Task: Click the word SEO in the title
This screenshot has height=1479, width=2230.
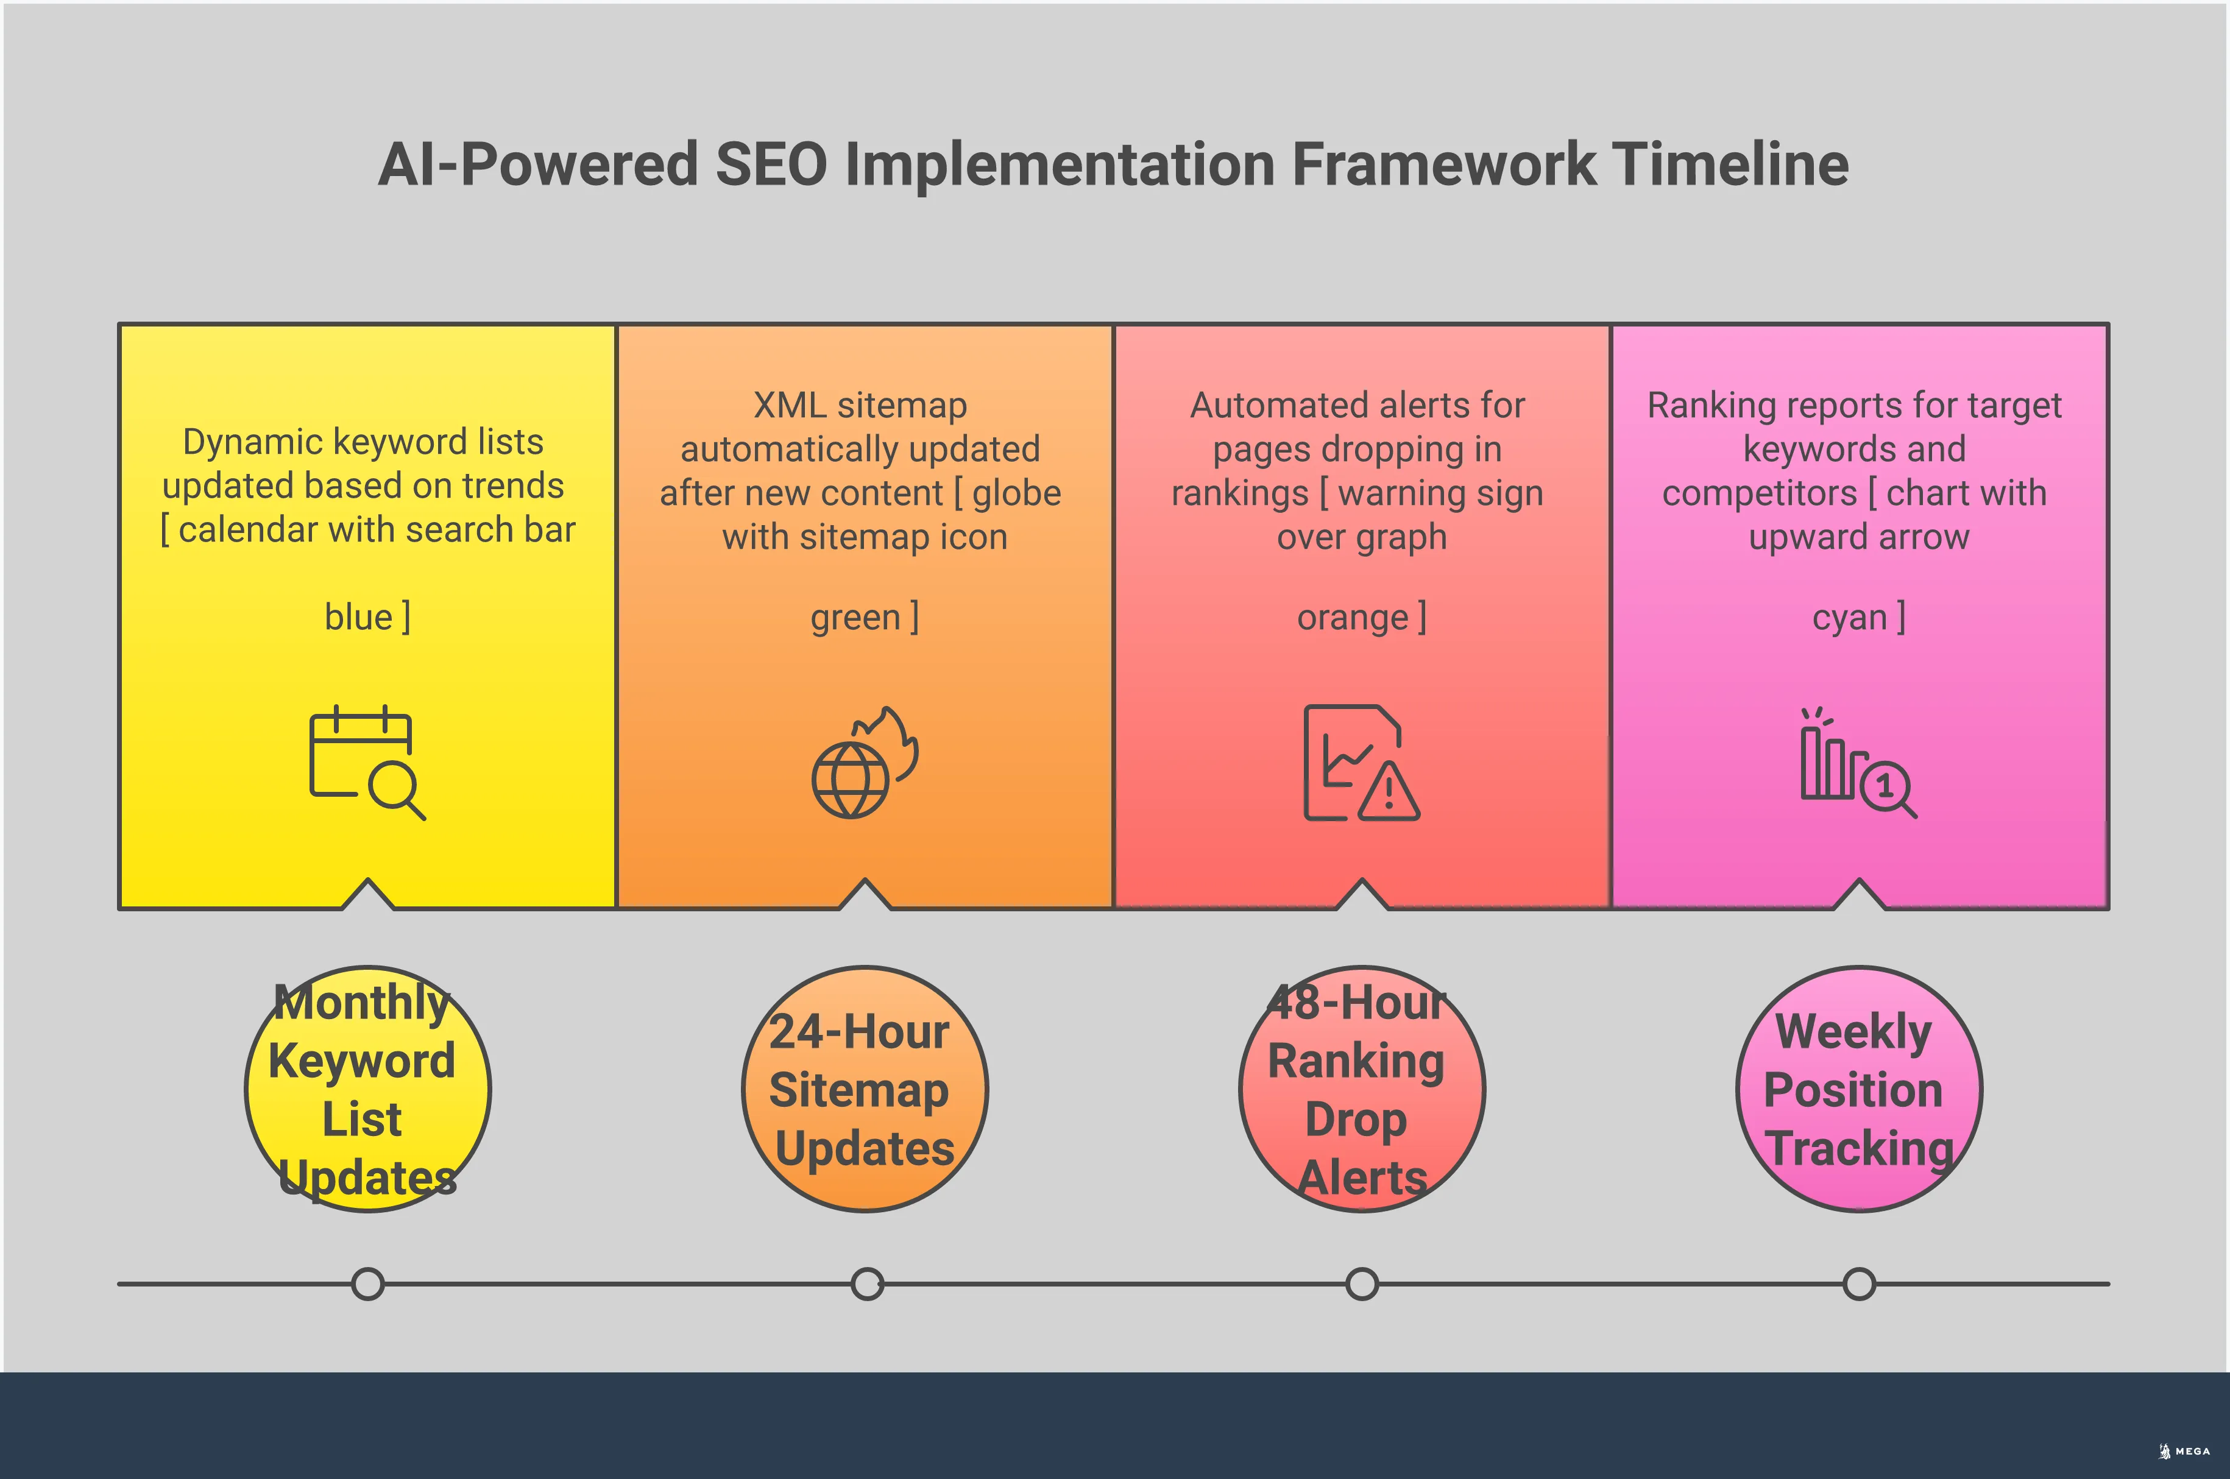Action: [771, 164]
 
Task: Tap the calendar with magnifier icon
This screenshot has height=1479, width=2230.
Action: [367, 762]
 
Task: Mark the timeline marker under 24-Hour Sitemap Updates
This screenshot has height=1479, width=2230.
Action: [867, 1283]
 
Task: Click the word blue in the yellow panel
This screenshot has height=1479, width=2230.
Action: [358, 617]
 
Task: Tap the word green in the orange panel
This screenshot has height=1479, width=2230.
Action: [855, 617]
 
